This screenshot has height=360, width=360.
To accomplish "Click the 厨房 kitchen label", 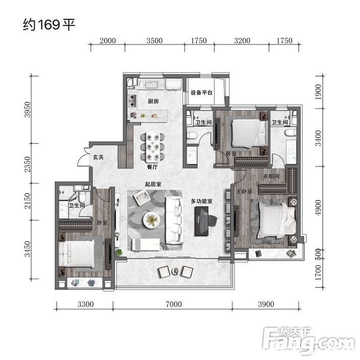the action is point(153,101).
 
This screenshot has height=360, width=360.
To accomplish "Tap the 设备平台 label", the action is point(201,93).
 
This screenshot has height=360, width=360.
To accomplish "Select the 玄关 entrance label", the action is point(98,157).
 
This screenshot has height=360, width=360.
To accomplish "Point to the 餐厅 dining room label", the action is point(152,167).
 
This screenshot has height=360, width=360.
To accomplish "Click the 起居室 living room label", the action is point(153,184).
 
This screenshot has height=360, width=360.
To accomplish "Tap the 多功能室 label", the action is point(201,201).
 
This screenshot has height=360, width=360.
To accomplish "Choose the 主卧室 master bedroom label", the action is point(244,191).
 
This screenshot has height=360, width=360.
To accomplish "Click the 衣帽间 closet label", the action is point(271,176).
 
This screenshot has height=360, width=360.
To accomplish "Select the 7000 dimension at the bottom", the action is point(174,304).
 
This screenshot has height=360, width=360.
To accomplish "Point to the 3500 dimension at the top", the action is point(154,41).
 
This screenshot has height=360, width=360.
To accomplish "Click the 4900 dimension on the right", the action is point(318,208).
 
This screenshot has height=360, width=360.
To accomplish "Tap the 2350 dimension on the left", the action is point(27,164).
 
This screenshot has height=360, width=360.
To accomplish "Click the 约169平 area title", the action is point(49,25).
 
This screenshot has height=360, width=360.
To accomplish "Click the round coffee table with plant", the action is point(151,219).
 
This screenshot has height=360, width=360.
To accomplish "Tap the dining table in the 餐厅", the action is point(153,146).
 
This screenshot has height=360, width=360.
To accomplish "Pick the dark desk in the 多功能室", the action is point(201,221).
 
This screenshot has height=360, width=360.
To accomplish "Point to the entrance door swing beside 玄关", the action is point(83,157).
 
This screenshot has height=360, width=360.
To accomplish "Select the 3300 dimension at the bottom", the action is point(85,304).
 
